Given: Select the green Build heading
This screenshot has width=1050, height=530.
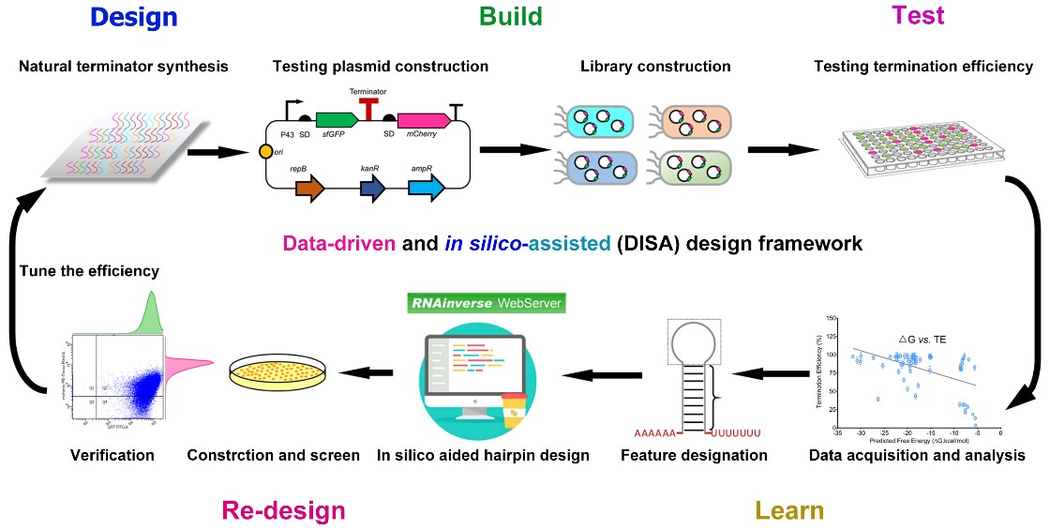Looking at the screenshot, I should point(511,16).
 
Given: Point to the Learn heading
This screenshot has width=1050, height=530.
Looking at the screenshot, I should point(790,510).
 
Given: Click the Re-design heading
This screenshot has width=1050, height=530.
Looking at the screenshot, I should point(283,510).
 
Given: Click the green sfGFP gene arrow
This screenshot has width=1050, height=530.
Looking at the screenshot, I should point(337,120).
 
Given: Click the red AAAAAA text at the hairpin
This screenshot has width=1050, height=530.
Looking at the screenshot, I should point(657,433).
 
